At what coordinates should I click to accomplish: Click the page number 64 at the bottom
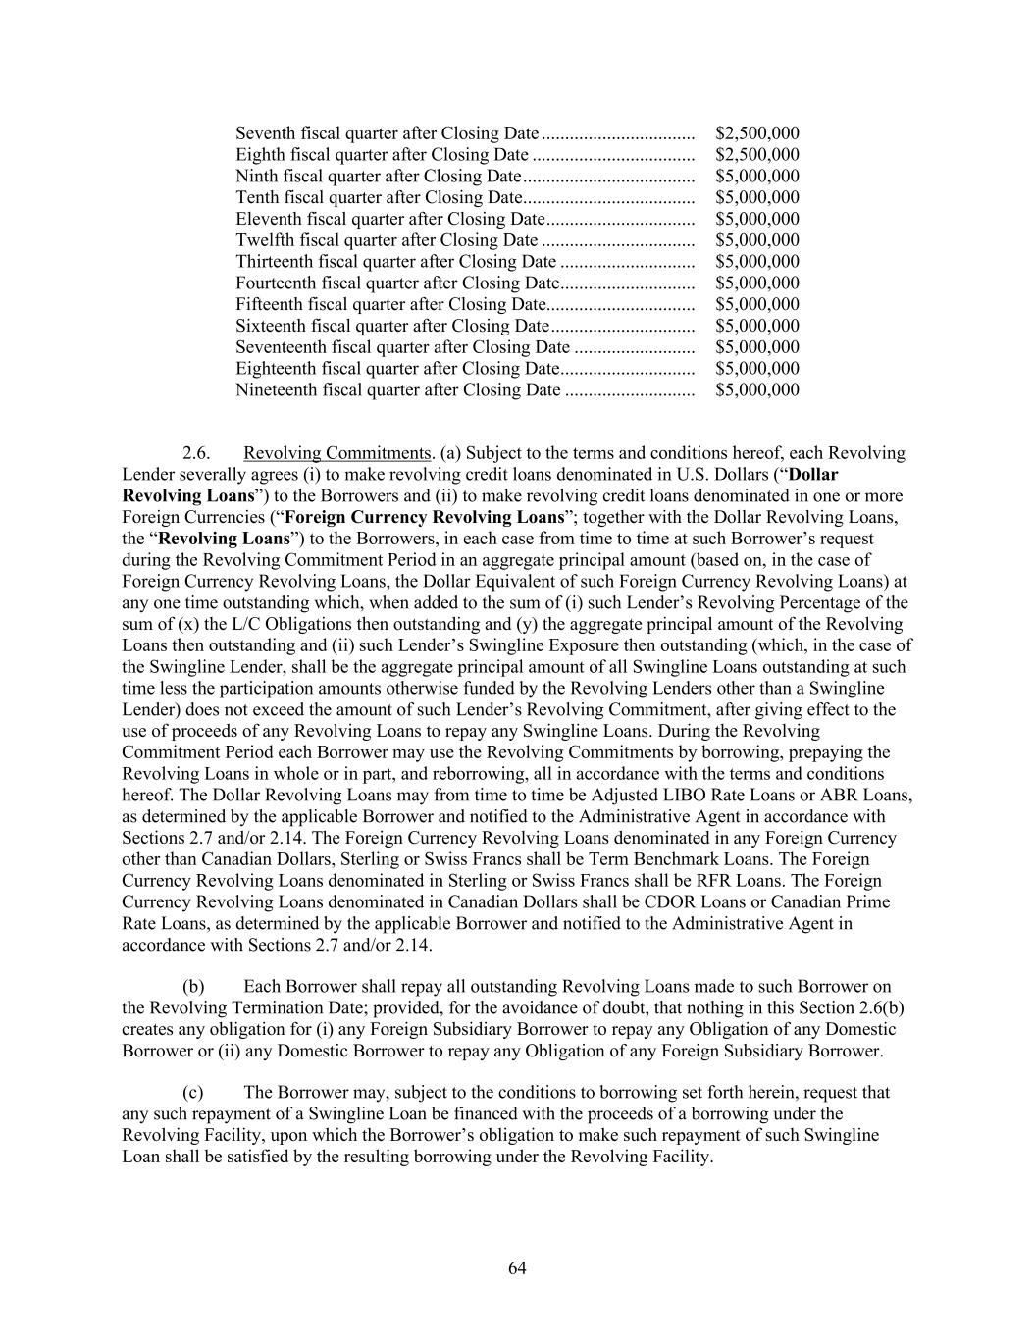click(x=517, y=1268)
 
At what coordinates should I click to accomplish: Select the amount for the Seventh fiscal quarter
click(x=756, y=133)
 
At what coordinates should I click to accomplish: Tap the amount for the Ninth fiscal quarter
click(x=756, y=177)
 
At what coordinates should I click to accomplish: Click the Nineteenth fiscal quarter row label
click(x=397, y=390)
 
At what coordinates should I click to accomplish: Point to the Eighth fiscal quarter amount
click(x=756, y=155)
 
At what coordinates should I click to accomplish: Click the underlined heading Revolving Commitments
click(x=337, y=453)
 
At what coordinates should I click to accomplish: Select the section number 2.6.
click(x=196, y=453)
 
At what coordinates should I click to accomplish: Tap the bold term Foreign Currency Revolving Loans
click(x=424, y=517)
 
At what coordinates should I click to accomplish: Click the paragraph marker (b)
click(x=193, y=987)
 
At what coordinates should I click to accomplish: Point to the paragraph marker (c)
click(x=193, y=1093)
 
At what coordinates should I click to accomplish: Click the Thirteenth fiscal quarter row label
click(x=395, y=262)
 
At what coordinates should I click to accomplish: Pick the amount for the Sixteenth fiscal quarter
click(x=756, y=326)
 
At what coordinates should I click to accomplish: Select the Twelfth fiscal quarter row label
click(x=387, y=240)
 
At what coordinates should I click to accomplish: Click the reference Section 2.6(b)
click(x=848, y=1008)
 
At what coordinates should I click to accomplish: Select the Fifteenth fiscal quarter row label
click(x=389, y=305)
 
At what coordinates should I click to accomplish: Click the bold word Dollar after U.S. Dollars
click(x=813, y=475)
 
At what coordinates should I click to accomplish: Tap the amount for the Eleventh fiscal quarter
click(x=756, y=219)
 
